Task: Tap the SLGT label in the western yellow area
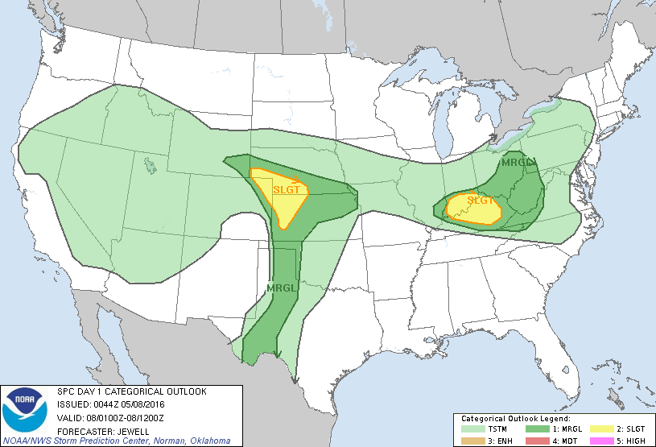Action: (x=286, y=190)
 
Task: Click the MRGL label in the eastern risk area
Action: (x=517, y=163)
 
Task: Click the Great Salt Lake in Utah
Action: (x=150, y=166)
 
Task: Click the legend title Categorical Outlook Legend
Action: (x=515, y=419)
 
